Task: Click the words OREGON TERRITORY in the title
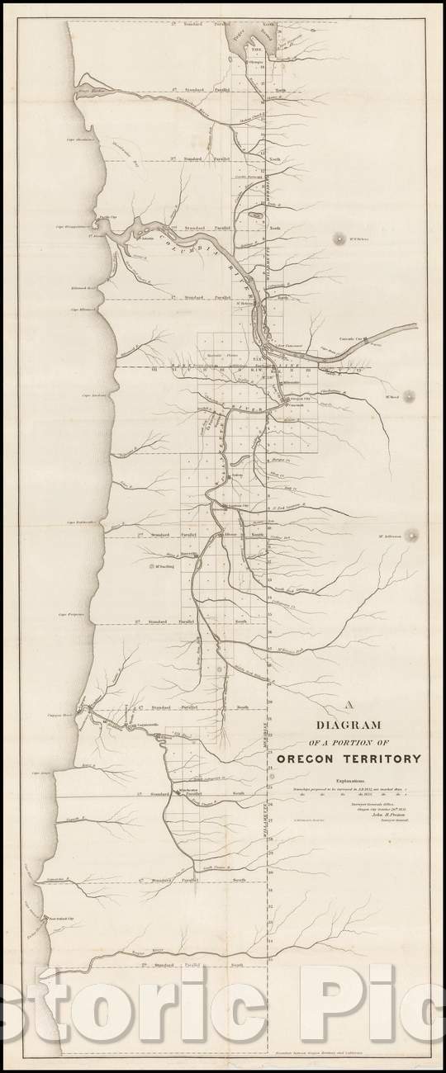349,759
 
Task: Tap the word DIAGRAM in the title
339,726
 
